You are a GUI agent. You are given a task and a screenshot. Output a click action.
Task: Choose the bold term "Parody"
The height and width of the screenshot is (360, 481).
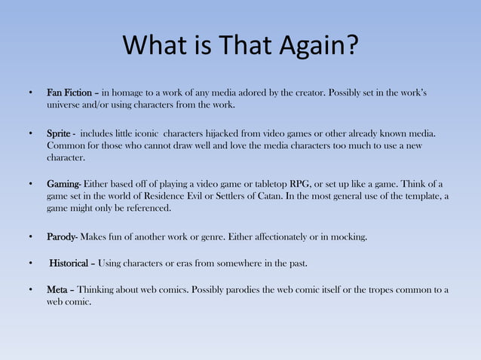(x=60, y=238)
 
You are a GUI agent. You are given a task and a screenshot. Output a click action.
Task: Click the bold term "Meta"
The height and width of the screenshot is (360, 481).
(x=57, y=290)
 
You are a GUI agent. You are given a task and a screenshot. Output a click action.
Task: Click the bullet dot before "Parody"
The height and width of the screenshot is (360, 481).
(x=30, y=238)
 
